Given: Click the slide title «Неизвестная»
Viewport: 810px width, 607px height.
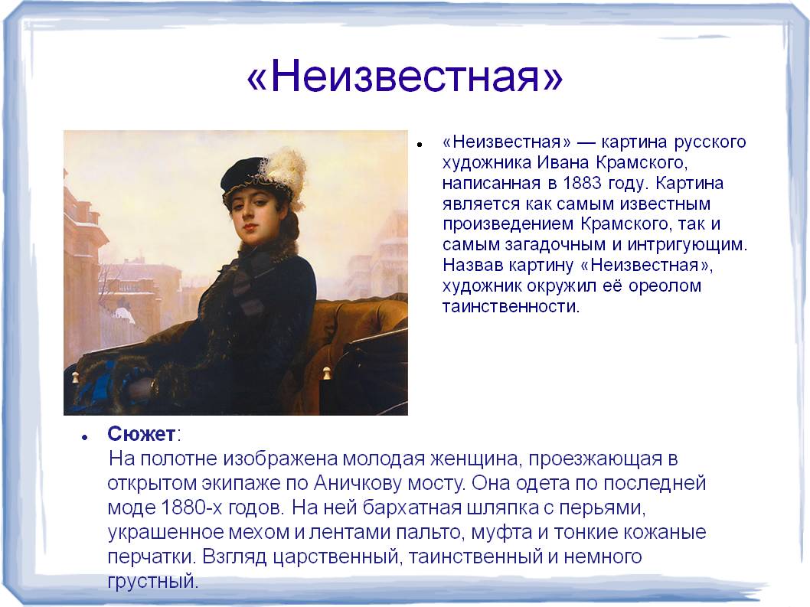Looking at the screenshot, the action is [x=404, y=76].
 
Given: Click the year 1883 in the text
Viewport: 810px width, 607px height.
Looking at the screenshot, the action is [x=582, y=183].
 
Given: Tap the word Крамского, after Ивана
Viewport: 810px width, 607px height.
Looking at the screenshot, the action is [x=642, y=163].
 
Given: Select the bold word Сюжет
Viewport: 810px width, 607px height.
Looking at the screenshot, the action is [x=141, y=434].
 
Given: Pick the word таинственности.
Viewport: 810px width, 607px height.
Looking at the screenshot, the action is [x=511, y=306].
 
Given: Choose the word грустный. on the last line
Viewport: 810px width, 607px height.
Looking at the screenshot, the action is [x=153, y=582].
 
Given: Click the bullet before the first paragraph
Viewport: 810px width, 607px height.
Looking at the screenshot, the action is [x=420, y=145].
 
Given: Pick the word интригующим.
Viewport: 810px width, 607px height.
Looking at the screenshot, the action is [x=688, y=245].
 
